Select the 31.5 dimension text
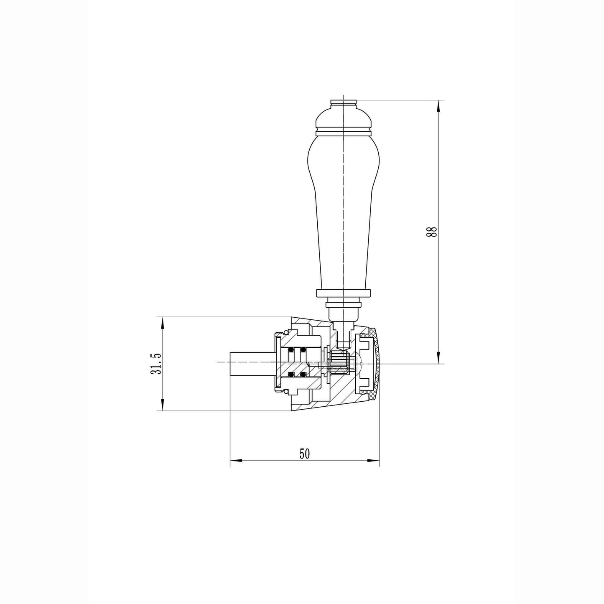(155, 363)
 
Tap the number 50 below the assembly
(304, 454)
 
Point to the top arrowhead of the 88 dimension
(438, 106)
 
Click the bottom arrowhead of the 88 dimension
(438, 358)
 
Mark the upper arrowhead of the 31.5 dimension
(162, 323)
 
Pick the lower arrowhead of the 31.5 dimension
(162, 405)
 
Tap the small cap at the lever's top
(344, 102)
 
